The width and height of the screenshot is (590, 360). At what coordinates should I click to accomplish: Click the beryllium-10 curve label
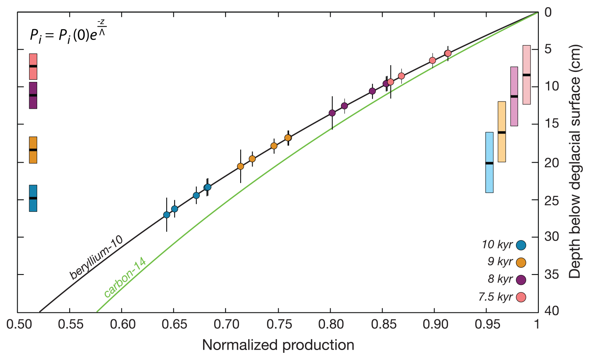point(96,258)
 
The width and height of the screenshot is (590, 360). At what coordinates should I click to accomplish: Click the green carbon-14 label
point(125,278)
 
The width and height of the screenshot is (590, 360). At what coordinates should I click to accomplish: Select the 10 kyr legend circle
point(521,245)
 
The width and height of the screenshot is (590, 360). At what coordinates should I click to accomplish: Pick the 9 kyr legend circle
point(521,263)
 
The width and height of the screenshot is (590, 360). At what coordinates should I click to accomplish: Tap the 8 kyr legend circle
point(521,280)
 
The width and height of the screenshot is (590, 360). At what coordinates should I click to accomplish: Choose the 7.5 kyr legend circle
point(521,297)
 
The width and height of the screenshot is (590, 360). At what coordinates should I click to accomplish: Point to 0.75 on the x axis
point(278,324)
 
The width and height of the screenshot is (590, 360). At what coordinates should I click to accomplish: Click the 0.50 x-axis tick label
point(19,324)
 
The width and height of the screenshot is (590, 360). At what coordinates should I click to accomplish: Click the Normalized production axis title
point(278,345)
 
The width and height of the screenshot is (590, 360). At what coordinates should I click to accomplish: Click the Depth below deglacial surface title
point(575,161)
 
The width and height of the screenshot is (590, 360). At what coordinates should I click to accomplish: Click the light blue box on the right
point(489,162)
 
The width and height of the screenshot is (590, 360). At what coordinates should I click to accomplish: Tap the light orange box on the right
point(502,131)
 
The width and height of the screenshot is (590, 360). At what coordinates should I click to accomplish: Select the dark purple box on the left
point(33,95)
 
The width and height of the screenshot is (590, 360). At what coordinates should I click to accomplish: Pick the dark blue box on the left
point(33,198)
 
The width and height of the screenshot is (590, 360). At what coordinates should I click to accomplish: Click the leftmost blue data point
point(167,215)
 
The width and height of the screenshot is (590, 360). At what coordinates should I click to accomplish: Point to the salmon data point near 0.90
point(432,60)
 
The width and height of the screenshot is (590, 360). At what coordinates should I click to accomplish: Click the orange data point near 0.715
point(240,166)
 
